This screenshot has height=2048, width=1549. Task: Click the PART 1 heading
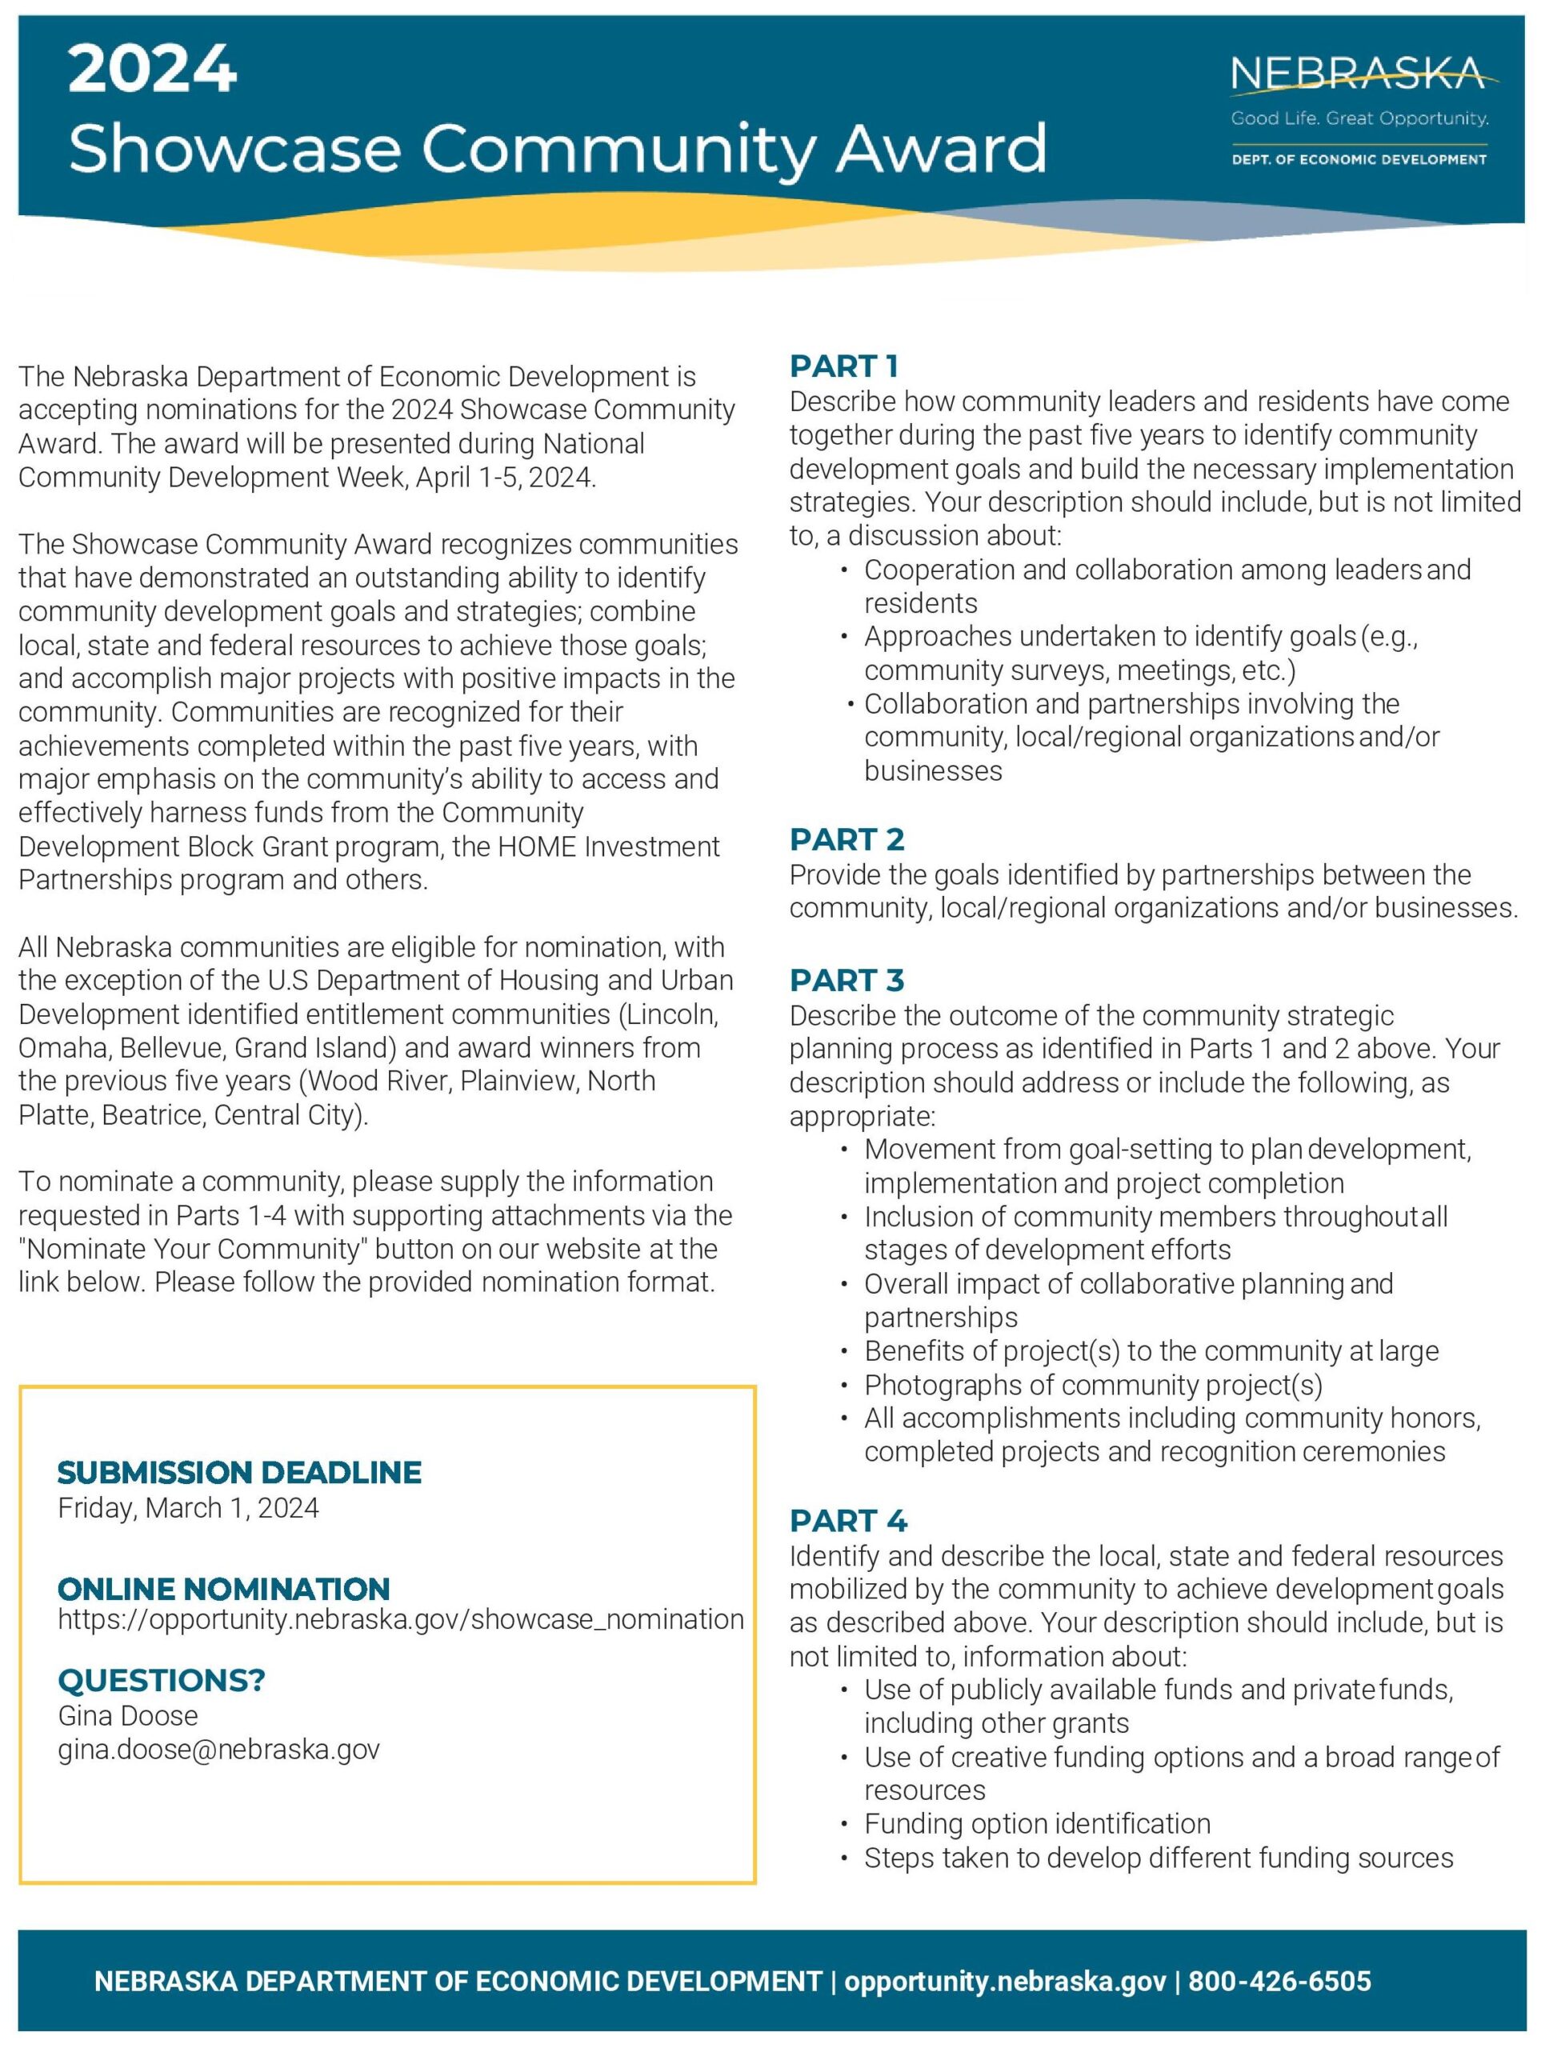843,366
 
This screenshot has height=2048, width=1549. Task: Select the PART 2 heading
847,840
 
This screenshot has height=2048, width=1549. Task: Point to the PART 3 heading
847,981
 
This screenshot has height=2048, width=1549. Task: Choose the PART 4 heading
848,1521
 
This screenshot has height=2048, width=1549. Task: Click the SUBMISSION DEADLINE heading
239,1473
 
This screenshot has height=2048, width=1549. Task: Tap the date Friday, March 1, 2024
188,1508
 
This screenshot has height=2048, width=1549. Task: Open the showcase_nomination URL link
400,1619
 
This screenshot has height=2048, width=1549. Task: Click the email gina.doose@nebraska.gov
218,1750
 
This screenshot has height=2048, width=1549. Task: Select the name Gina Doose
128,1716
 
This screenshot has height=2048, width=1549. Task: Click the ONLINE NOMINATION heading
223,1590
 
